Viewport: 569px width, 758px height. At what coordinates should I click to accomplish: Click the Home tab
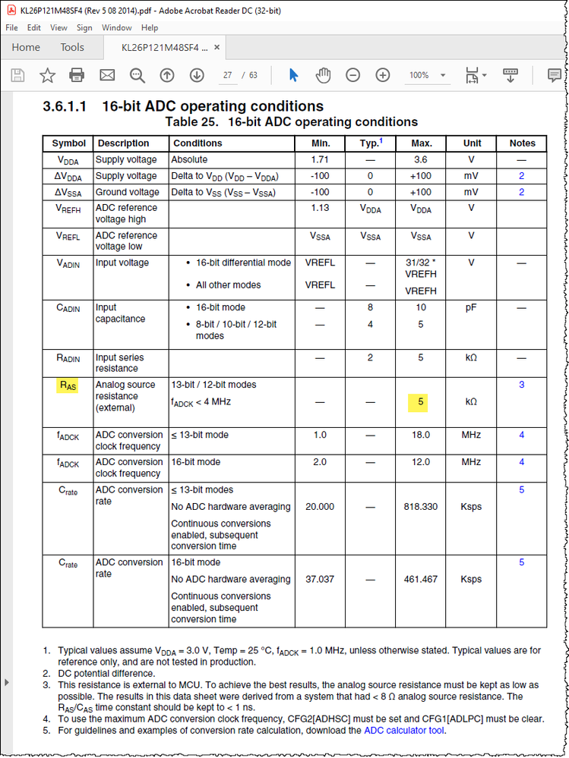tap(26, 47)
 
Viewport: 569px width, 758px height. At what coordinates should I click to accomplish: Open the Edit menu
tap(33, 27)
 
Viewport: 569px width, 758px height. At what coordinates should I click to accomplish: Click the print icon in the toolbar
tap(77, 75)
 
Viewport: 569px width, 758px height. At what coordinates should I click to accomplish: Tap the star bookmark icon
tap(47, 75)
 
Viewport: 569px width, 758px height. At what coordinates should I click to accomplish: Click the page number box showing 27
tap(227, 75)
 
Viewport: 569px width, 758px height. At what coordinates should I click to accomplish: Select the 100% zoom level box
tap(419, 75)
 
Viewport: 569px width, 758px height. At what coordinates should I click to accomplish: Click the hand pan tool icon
tap(323, 75)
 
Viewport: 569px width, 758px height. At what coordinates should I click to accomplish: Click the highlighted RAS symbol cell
tap(68, 385)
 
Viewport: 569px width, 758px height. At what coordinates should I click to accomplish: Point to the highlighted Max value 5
tap(420, 402)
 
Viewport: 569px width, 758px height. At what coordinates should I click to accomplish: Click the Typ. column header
tap(371, 143)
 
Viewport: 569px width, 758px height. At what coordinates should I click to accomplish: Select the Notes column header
tap(522, 143)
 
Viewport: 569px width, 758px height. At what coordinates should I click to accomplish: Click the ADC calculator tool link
tap(404, 731)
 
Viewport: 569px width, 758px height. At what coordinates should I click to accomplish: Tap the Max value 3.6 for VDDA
tap(421, 159)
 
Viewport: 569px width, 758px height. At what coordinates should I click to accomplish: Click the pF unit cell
tap(471, 307)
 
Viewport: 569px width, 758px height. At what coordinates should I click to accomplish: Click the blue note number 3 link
tap(522, 385)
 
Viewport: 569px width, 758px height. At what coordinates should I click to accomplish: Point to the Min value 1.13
tap(321, 208)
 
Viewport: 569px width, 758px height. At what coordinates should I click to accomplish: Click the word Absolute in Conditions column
tap(189, 159)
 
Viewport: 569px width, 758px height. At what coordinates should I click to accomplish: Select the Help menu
tap(150, 27)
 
